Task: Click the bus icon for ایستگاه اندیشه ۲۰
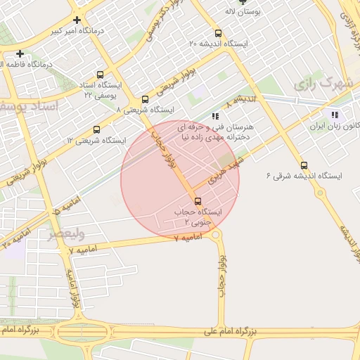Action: [x=218, y=32]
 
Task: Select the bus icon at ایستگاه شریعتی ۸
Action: [x=145, y=99]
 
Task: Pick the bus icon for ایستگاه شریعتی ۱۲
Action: [x=96, y=129]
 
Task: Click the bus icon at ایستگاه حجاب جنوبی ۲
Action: [x=196, y=202]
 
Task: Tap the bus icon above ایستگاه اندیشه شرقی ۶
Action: [x=303, y=165]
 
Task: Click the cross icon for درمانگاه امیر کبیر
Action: [x=76, y=20]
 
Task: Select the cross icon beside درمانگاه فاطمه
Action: [x=20, y=53]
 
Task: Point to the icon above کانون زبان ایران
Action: [x=334, y=115]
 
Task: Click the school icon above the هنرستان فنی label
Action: [x=214, y=116]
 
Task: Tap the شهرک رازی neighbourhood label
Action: [x=323, y=84]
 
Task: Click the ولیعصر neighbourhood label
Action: [x=61, y=234]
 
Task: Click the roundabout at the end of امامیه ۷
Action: [x=216, y=236]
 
